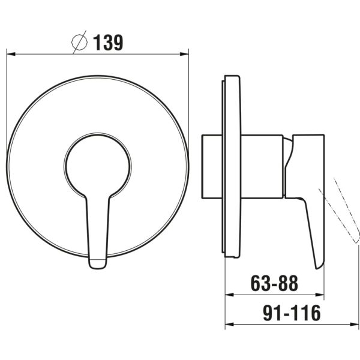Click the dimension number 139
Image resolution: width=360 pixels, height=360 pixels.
coord(108,43)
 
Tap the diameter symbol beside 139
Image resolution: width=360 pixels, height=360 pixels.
coord(79,42)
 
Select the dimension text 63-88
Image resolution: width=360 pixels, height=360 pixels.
coord(274,283)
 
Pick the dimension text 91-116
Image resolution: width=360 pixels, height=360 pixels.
coord(292,313)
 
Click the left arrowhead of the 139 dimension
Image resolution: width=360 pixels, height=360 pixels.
coord(11,54)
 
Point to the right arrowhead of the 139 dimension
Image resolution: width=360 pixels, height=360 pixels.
coord(184,54)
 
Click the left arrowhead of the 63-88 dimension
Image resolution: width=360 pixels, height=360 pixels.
coord(229,295)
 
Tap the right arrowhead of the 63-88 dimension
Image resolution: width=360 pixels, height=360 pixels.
coord(320,295)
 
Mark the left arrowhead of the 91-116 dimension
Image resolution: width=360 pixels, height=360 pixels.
coord(229,324)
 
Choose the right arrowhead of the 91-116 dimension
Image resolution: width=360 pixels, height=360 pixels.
coord(354,324)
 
